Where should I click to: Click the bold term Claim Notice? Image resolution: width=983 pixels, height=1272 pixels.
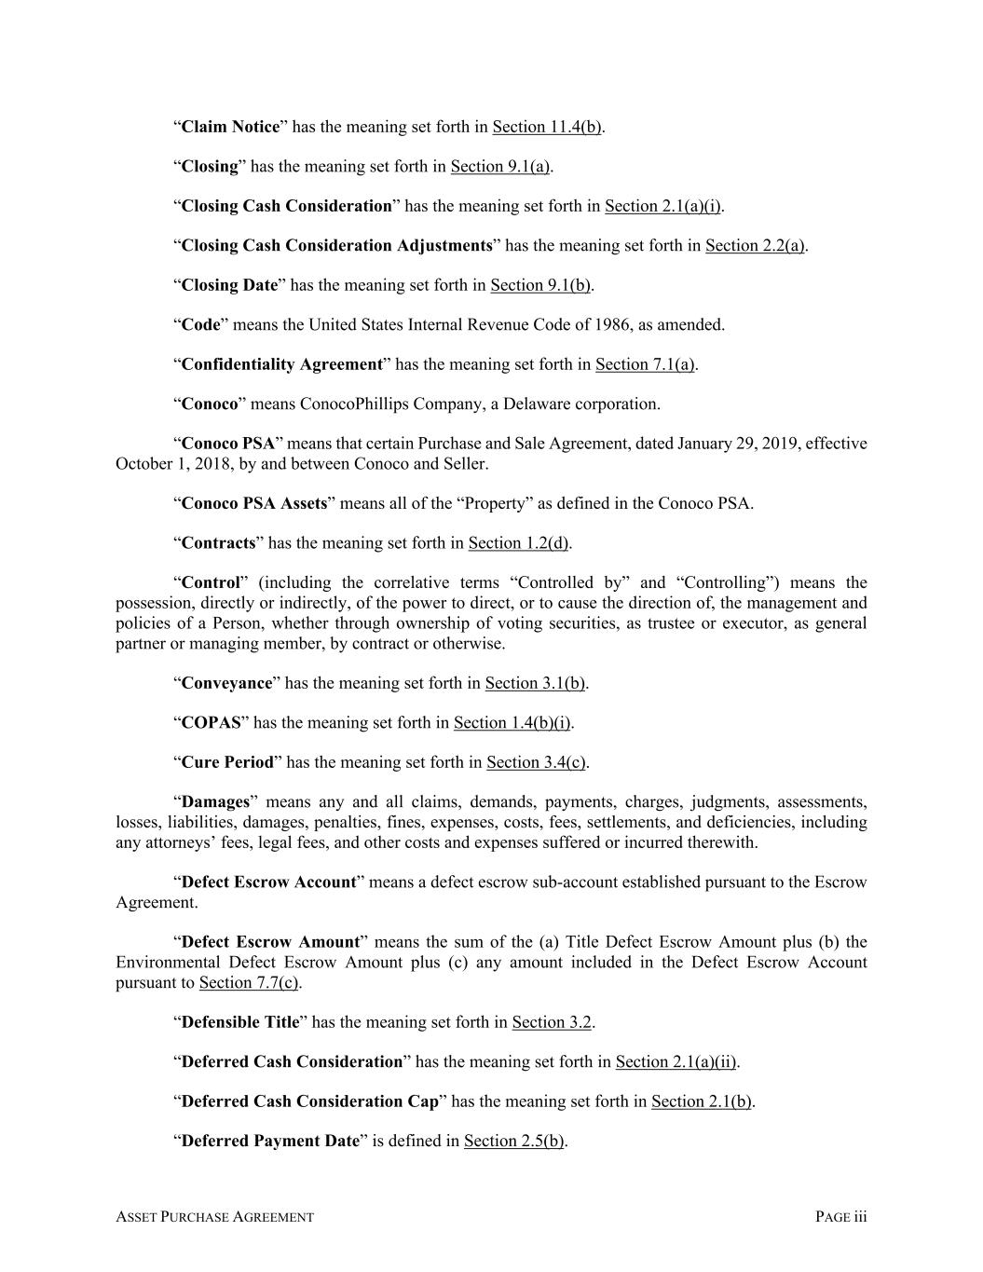click(230, 127)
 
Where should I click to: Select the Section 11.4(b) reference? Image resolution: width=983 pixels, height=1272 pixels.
click(547, 127)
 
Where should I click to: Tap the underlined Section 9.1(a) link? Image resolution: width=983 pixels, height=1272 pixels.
click(500, 167)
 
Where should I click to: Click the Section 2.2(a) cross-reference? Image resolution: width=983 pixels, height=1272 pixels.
click(755, 246)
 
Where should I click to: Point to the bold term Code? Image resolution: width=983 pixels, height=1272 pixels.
click(200, 325)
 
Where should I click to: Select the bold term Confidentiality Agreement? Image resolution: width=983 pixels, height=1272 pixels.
click(281, 364)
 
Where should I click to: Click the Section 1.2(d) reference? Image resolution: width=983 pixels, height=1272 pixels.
click(519, 543)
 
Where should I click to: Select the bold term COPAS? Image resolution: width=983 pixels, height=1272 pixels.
click(211, 723)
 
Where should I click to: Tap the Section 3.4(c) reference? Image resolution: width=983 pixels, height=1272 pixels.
click(536, 762)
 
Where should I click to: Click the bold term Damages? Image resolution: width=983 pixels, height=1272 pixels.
click(215, 802)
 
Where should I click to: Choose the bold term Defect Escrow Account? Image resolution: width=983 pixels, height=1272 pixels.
click(268, 882)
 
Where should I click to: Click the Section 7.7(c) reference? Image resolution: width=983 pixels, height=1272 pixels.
click(249, 983)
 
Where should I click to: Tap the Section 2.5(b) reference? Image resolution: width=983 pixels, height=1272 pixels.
click(513, 1142)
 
